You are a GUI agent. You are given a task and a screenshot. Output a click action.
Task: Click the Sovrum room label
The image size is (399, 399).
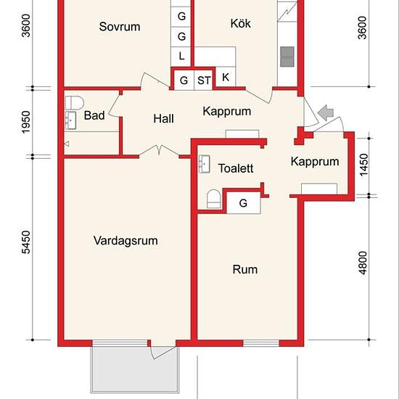click(120, 27)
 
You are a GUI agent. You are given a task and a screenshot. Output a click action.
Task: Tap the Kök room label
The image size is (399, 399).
click(240, 23)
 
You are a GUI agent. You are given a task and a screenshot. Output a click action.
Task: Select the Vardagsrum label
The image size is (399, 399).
click(126, 241)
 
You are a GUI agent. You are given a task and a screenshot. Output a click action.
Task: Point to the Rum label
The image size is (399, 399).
click(244, 269)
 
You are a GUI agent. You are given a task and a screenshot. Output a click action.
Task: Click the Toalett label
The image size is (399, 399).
click(236, 168)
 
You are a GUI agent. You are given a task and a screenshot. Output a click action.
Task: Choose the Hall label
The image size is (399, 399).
click(164, 119)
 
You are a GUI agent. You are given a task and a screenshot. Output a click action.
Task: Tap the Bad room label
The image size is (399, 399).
click(94, 115)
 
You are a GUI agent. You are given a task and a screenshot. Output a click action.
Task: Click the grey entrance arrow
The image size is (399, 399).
click(326, 112)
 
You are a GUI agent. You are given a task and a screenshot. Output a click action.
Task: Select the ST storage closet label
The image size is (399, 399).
click(204, 81)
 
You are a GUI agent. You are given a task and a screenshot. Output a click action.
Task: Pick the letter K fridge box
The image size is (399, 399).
click(226, 77)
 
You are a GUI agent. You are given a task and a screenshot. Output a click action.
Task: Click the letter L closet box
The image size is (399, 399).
click(181, 56)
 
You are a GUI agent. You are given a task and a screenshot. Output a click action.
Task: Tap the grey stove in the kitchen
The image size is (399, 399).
click(287, 57)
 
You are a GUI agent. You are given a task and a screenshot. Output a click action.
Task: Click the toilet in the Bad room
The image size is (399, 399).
click(75, 102)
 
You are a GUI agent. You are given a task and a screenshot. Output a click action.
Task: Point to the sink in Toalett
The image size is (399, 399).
click(205, 164)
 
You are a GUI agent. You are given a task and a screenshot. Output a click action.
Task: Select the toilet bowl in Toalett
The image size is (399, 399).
click(213, 199)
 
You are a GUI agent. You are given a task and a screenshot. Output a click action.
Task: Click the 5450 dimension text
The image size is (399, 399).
click(26, 242)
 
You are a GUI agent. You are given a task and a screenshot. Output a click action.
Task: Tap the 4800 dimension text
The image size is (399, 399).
click(363, 263)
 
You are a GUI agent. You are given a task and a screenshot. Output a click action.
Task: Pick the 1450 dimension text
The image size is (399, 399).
click(363, 165)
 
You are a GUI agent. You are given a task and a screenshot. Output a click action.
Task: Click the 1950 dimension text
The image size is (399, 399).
click(26, 122)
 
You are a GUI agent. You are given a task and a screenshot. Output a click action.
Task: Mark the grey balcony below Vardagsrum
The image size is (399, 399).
click(135, 370)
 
